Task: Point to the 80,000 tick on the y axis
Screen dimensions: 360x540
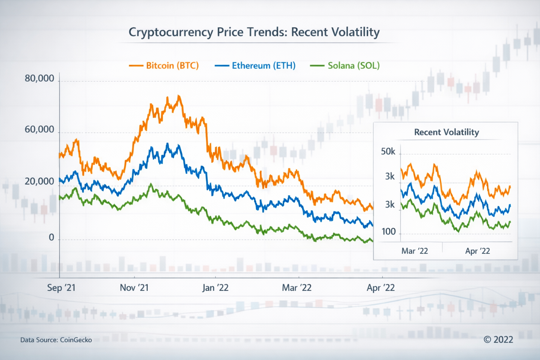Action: [39, 78]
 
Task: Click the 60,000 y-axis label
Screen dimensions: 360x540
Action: [39, 130]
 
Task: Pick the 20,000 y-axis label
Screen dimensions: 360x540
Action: [39, 182]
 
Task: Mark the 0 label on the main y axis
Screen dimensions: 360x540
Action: [51, 238]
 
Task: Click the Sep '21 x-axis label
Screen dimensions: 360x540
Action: [61, 288]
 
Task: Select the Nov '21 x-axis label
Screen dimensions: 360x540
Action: [134, 288]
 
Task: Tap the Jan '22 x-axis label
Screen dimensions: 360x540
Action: [215, 288]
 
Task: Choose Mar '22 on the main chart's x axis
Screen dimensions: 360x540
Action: [297, 288]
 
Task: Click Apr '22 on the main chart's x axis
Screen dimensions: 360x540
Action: [381, 288]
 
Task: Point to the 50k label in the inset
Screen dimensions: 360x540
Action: [388, 152]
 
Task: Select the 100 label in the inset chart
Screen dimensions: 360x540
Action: [388, 232]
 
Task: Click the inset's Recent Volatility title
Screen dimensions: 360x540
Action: [446, 132]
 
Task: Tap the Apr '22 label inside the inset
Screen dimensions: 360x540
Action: [477, 251]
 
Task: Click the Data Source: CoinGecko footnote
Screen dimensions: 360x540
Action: [56, 340]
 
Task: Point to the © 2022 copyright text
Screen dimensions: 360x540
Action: [499, 340]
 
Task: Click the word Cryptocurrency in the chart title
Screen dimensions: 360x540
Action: [171, 32]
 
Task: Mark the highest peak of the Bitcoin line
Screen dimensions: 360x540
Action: [179, 96]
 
